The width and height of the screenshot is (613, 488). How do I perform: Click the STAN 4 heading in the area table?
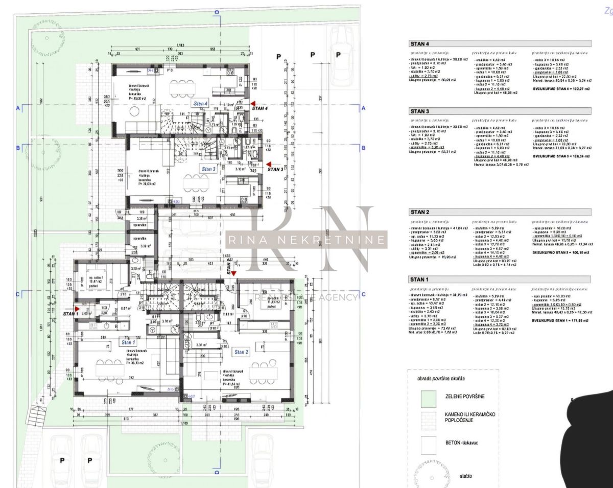[x=420, y=44]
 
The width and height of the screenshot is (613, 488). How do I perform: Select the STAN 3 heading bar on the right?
[x=420, y=111]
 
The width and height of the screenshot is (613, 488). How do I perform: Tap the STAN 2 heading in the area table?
[x=420, y=212]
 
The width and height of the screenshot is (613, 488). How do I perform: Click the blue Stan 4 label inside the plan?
[x=201, y=104]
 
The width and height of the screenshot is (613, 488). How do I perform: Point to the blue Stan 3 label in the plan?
[x=209, y=169]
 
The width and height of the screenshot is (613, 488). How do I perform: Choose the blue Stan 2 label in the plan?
[x=241, y=352]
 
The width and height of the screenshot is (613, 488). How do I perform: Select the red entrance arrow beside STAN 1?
[x=77, y=309]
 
